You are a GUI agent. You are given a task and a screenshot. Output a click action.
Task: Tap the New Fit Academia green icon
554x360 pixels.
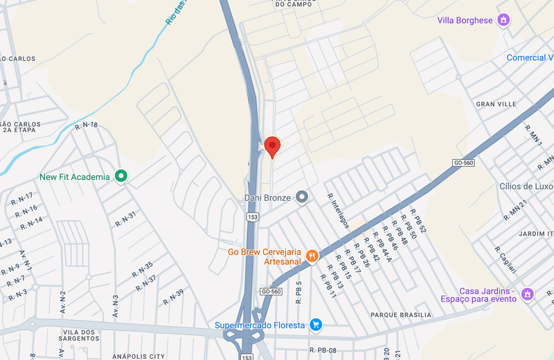[121, 177]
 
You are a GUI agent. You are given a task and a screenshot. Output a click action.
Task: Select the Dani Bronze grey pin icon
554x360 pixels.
[301, 198]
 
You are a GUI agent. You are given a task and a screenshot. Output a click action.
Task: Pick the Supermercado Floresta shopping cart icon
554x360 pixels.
[316, 325]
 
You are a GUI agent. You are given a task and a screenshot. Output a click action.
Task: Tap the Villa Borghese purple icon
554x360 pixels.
[504, 20]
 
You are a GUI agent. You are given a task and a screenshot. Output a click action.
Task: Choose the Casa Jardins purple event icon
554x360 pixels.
[527, 294]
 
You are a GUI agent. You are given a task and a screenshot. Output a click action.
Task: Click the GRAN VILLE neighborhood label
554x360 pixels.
[496, 104]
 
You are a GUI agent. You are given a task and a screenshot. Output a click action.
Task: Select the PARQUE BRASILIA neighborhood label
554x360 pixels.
[400, 315]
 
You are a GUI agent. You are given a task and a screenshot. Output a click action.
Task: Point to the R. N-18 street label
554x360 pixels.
[86, 125]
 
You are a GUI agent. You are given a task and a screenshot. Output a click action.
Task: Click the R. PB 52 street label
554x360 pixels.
[418, 220]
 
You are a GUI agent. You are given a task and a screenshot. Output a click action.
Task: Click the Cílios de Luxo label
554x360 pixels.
[526, 186]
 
